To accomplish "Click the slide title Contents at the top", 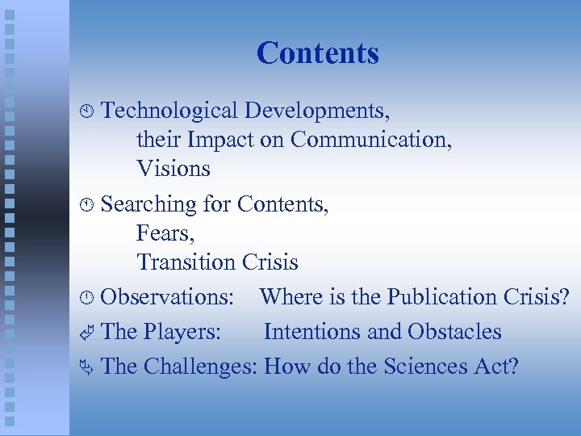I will pyautogui.click(x=317, y=53).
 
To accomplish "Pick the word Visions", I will pyautogui.click(x=173, y=169).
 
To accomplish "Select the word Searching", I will pyautogui.click(x=149, y=204).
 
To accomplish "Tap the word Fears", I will pyautogui.click(x=165, y=233).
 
